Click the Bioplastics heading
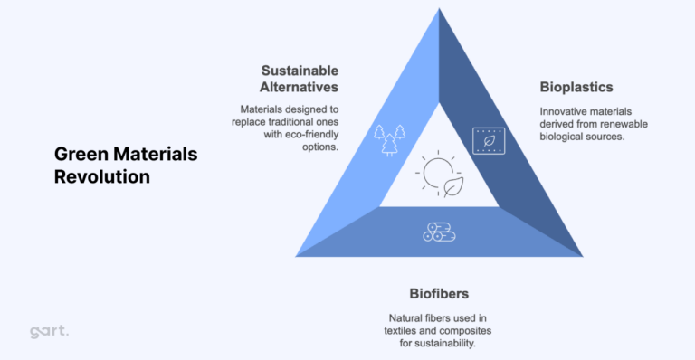(576, 88)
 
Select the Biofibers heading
(439, 294)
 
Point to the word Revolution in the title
(101, 176)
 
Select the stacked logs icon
(438, 232)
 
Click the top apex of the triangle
(439, 11)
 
